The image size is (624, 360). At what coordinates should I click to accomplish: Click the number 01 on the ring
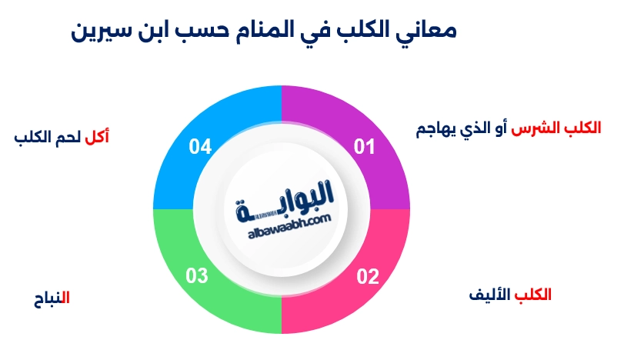(x=363, y=146)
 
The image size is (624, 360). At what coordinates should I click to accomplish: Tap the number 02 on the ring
(x=367, y=276)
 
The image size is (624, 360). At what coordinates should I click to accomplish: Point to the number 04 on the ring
(x=200, y=146)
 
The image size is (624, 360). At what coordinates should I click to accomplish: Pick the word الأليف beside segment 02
(x=490, y=294)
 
